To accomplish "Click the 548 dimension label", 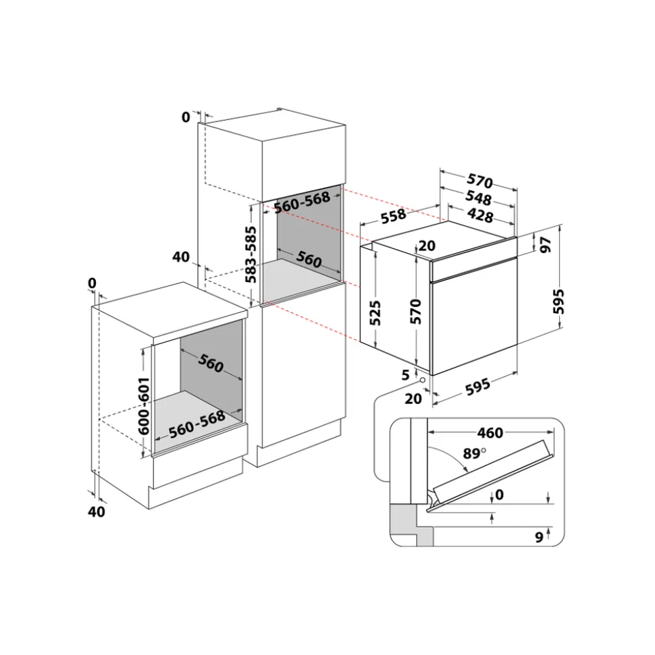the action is point(478,198).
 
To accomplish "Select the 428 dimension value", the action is point(480,215).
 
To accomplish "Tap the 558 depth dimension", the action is point(394,216).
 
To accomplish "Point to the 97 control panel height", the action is point(546,245).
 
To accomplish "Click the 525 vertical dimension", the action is point(375,312).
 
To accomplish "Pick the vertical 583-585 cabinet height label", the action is point(251,254).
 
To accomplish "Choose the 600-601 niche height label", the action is point(143,406).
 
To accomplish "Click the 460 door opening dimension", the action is point(490,433).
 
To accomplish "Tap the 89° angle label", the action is point(474,453).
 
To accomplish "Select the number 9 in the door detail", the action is point(540,537).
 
